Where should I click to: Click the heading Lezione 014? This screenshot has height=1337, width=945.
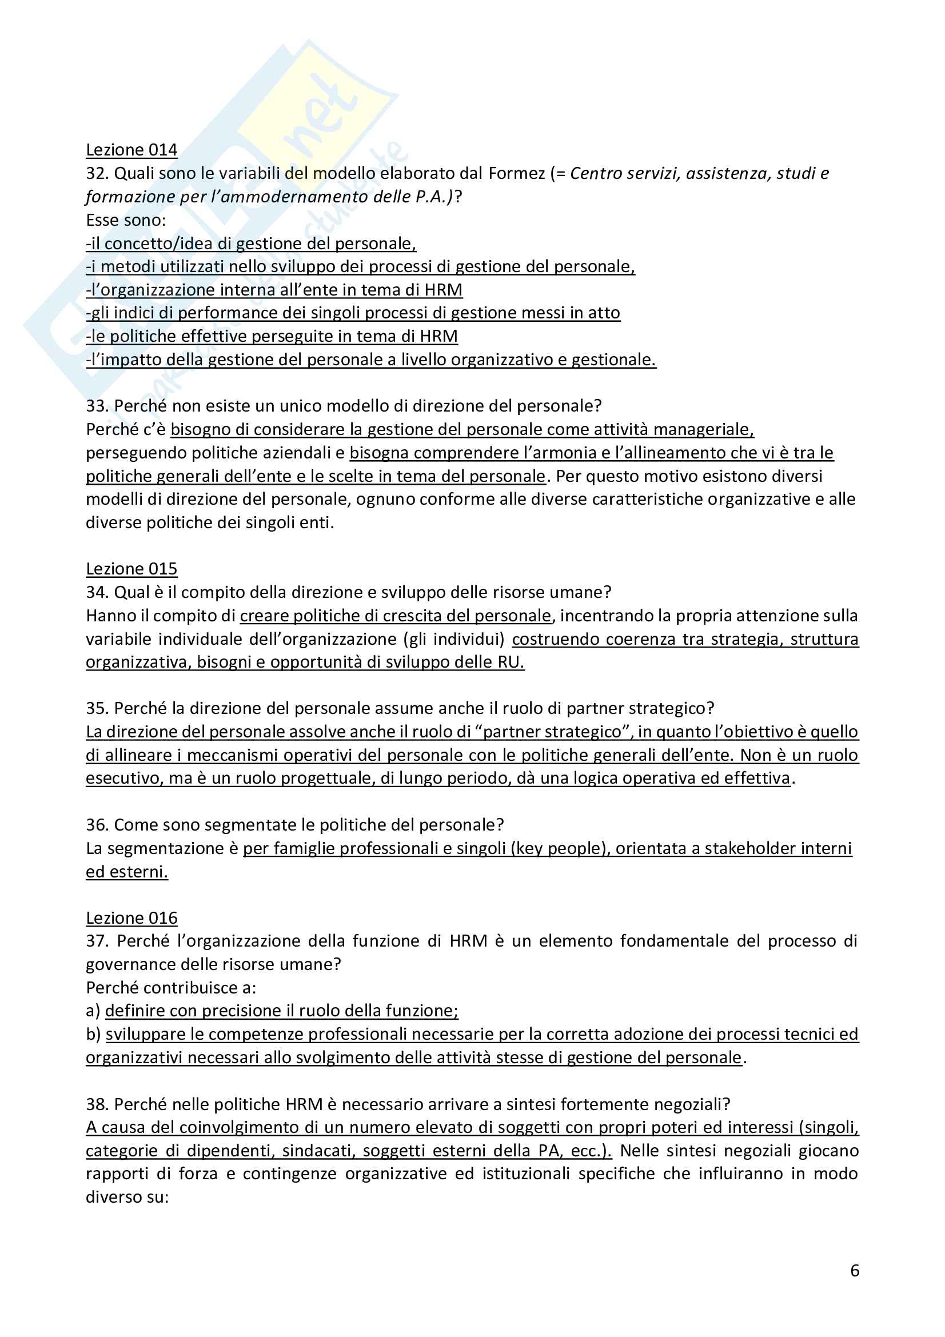point(131,150)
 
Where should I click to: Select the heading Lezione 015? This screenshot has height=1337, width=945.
point(131,569)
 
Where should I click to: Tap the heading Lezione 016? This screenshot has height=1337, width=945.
point(131,919)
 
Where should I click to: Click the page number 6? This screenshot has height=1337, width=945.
point(854,1270)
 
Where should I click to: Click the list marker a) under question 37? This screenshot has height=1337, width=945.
point(93,1012)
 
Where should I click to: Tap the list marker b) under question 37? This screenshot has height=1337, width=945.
point(93,1035)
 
